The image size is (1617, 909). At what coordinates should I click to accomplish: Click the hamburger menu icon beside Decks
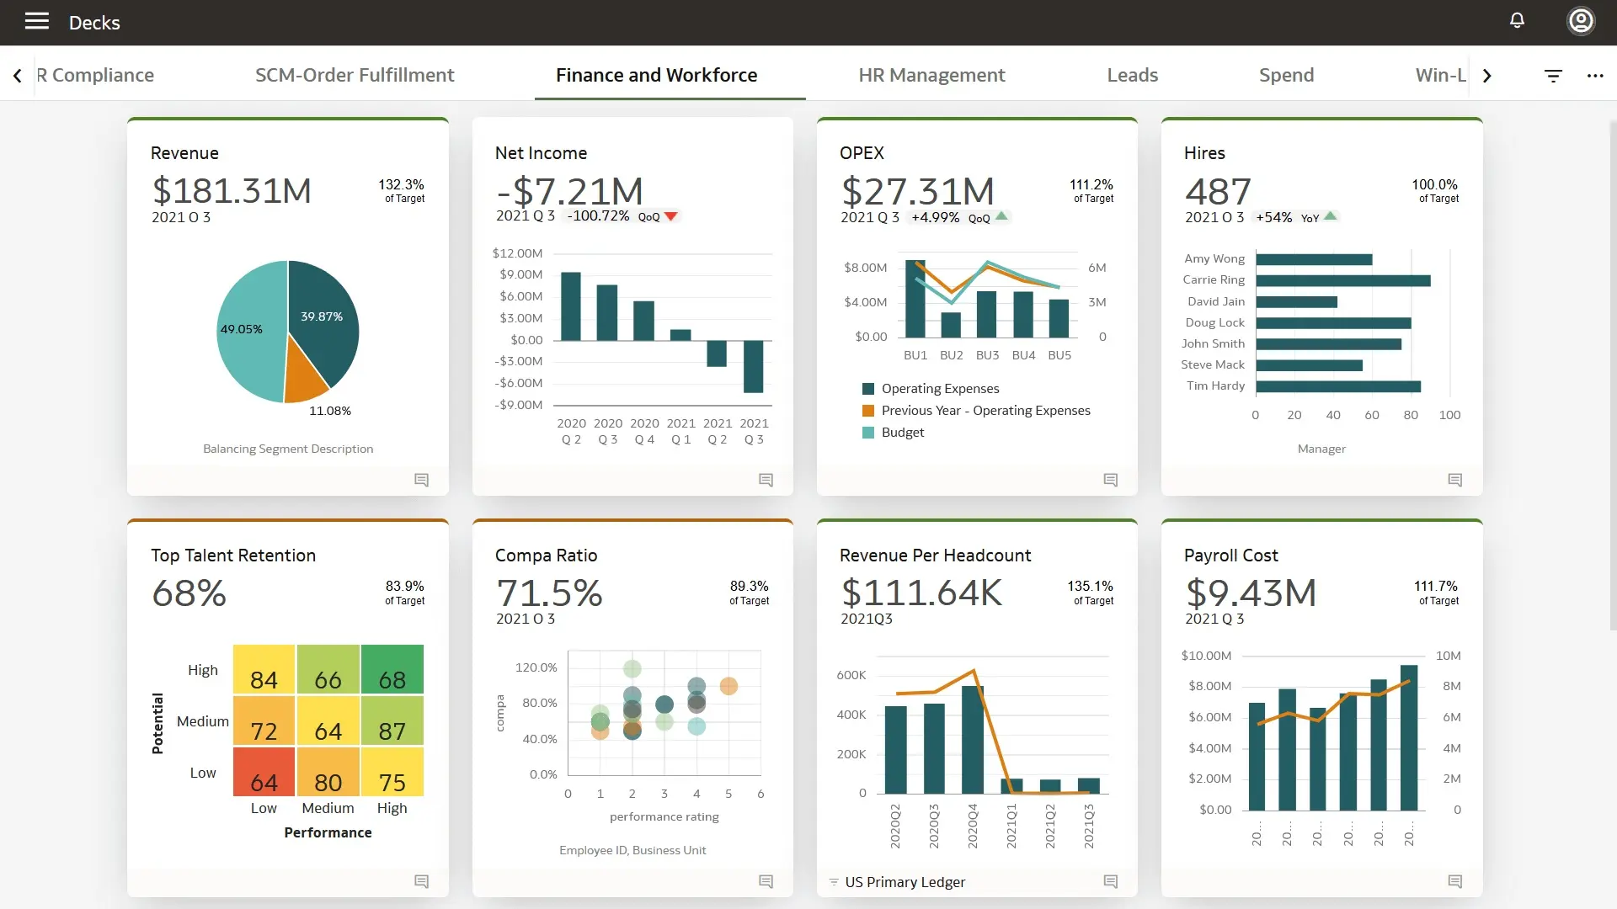36,22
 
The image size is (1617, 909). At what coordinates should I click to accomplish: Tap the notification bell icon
1517,20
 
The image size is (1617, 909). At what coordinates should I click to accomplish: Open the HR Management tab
931,75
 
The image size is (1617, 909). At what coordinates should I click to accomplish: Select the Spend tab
1286,75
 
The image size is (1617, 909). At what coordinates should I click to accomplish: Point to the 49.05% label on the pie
242,329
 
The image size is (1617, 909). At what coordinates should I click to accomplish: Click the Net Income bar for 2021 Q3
753,366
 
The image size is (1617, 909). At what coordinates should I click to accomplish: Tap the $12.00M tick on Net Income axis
517,253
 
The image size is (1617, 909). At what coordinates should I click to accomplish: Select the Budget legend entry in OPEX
902,433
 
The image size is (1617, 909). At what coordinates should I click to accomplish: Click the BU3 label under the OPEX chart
987,355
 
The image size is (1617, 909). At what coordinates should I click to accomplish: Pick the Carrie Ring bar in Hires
1342,280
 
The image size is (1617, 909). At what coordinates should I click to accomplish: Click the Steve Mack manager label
1212,364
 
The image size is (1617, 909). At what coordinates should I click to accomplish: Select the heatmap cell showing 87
392,721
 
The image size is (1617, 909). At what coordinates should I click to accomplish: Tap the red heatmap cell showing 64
264,773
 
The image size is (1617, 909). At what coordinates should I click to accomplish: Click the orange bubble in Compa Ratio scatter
728,686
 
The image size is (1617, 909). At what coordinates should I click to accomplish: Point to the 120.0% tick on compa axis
536,667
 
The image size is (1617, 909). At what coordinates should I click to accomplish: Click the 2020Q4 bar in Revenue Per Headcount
973,739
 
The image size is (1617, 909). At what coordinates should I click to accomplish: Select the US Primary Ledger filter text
905,882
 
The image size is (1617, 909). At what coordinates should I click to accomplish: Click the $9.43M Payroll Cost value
1250,593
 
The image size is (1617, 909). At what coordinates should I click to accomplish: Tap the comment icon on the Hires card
1454,480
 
